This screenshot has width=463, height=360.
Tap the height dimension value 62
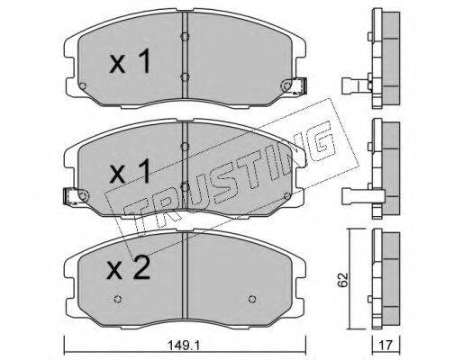click(x=343, y=280)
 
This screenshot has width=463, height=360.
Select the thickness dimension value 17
click(x=386, y=345)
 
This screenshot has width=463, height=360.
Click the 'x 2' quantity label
click(x=129, y=268)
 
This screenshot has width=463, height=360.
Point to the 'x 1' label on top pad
click(x=130, y=62)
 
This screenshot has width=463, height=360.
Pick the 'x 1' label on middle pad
click(x=130, y=172)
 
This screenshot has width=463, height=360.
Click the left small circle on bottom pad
click(x=118, y=299)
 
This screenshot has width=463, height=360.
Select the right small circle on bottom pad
click(x=252, y=299)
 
